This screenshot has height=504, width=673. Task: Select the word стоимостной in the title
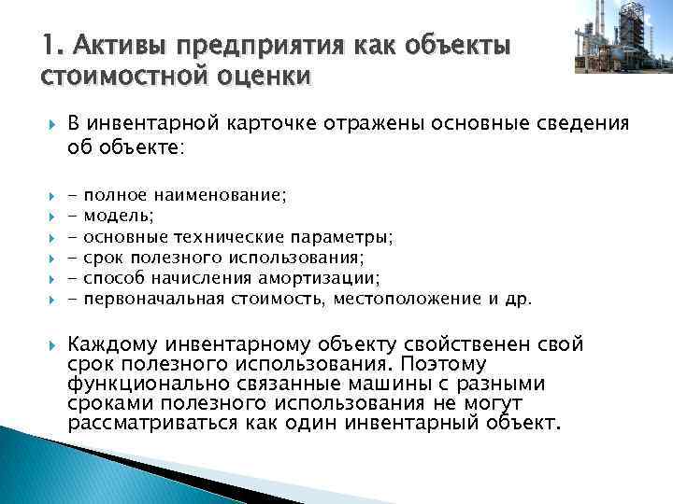113,74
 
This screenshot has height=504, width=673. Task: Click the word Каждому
113,345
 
